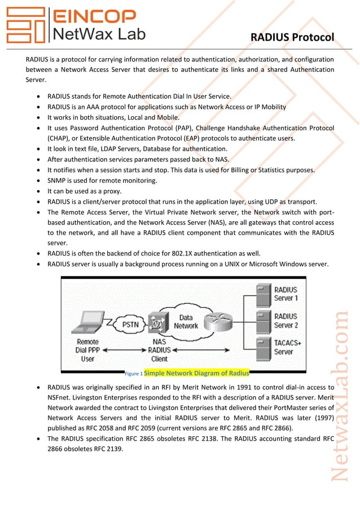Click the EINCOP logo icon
[x=26, y=25]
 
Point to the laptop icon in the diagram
[x=90, y=321]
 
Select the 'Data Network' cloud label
[x=186, y=322]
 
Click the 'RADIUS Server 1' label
[x=286, y=293]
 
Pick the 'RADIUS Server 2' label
[x=286, y=321]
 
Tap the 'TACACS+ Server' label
[x=288, y=347]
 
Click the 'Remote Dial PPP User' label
[x=87, y=350]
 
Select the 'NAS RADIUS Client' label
[x=160, y=350]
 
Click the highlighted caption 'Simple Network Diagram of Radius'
[x=196, y=373]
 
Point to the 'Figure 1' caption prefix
[x=133, y=374]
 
